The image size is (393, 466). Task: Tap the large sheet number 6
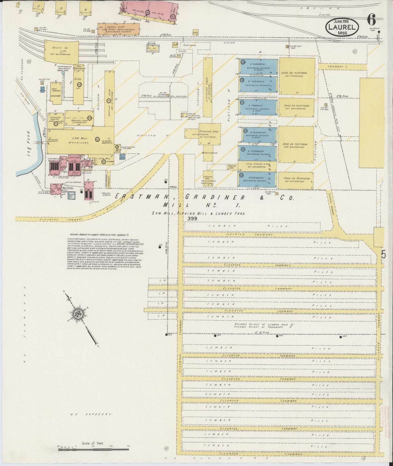click(371, 20)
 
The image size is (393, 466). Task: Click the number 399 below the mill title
click(192, 218)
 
